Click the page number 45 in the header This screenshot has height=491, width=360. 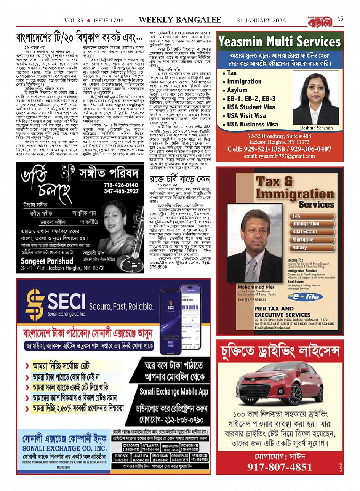(340, 18)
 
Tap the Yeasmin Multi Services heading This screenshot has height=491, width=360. (280, 41)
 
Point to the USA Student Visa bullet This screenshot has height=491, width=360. (251, 107)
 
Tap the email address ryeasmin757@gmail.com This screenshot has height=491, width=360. (279, 156)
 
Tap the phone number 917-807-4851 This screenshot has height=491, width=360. (280, 467)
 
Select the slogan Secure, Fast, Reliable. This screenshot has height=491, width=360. (122, 306)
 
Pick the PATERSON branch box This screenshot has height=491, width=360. (199, 457)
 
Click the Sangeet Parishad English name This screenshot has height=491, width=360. (47, 261)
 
